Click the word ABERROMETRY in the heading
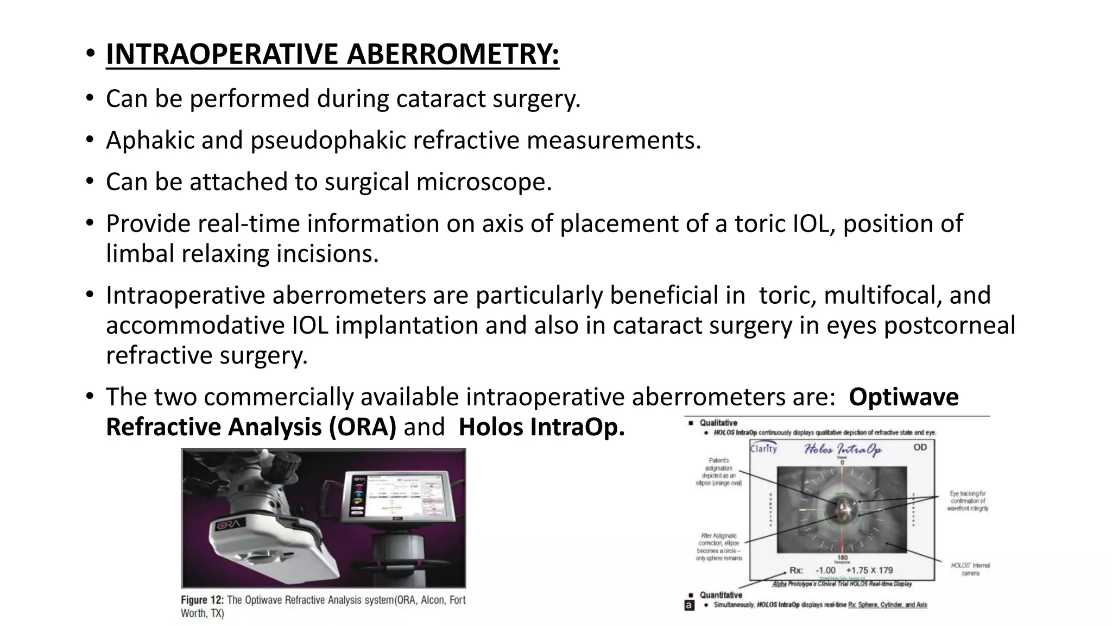tap(453, 54)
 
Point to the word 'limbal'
tap(140, 254)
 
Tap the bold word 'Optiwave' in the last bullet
tap(903, 397)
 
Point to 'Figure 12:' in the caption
tap(201, 600)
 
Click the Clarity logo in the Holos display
tap(764, 448)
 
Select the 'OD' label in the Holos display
tap(920, 447)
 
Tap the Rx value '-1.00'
tap(825, 570)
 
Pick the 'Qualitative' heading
tap(718, 423)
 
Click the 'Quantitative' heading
tap(721, 595)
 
